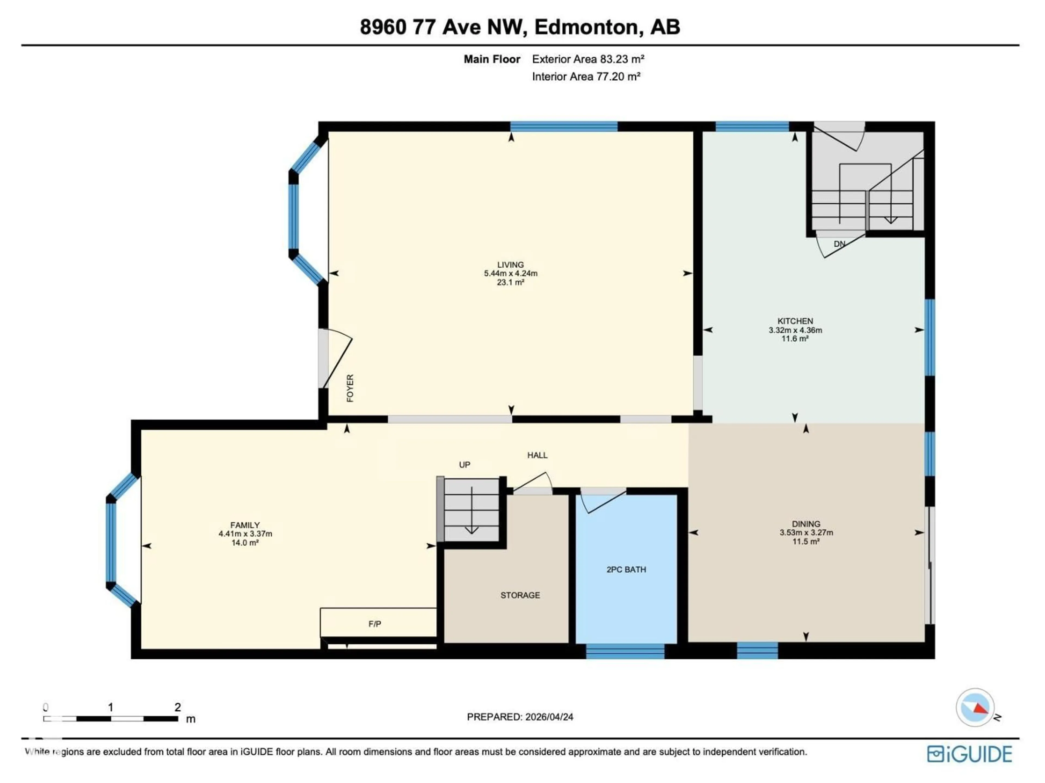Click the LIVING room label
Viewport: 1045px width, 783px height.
(x=510, y=265)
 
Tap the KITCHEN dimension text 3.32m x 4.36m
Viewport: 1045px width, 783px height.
(x=795, y=330)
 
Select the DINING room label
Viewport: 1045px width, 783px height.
(x=806, y=524)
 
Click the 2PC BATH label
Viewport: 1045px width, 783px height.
(x=626, y=570)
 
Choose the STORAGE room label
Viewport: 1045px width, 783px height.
(x=520, y=595)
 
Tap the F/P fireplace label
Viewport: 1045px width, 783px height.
(x=375, y=624)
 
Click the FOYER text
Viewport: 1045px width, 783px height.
(x=350, y=388)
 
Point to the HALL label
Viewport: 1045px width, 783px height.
(x=537, y=455)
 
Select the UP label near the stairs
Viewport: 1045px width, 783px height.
(x=464, y=465)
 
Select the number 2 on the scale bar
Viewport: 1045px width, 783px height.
(x=178, y=707)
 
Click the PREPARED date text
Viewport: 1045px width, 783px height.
(x=520, y=717)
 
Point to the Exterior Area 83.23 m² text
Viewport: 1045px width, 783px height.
(x=588, y=59)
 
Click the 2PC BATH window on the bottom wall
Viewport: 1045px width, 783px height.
(x=625, y=651)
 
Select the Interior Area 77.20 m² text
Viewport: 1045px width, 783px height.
(x=586, y=76)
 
